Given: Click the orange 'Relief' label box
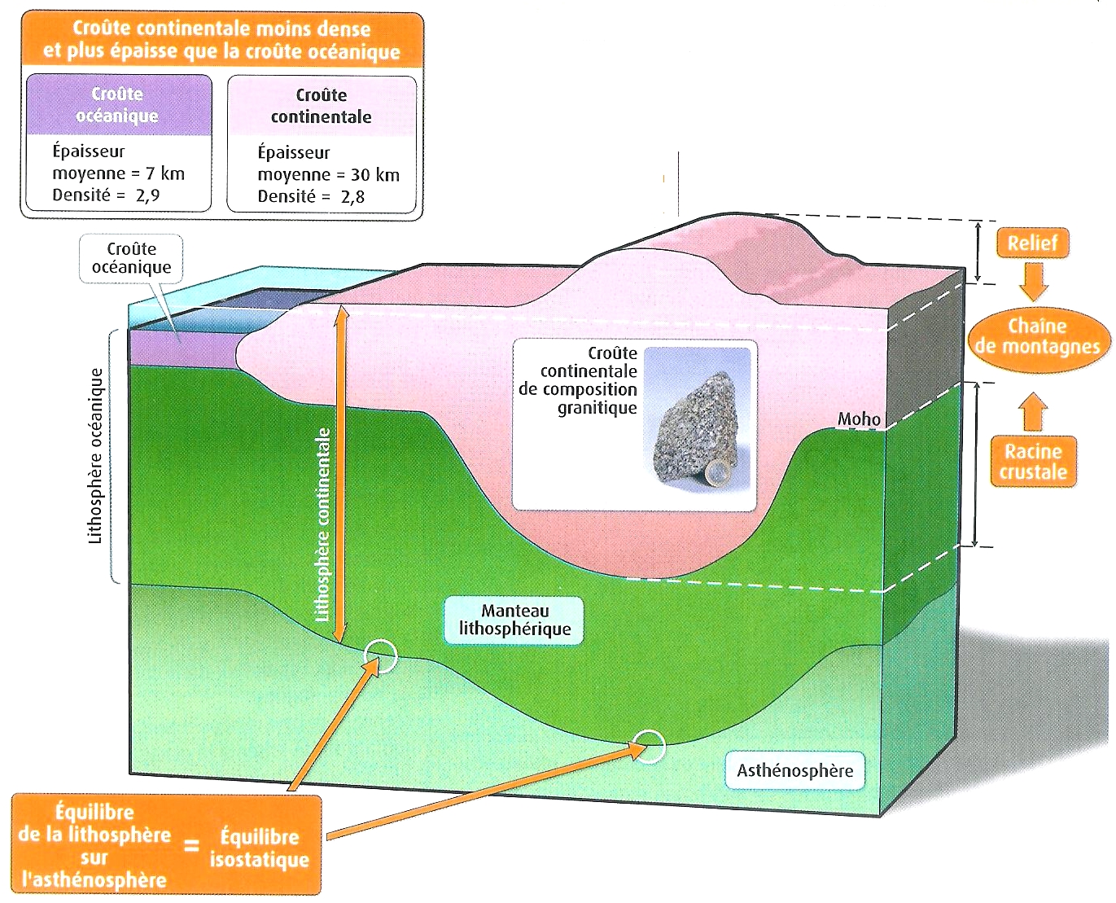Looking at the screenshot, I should click(x=1032, y=243).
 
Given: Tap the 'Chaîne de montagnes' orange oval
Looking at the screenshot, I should click(x=1038, y=337).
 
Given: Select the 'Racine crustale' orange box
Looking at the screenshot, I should click(x=1033, y=462).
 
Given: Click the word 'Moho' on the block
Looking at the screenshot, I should click(x=859, y=419).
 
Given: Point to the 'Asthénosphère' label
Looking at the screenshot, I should click(x=794, y=770).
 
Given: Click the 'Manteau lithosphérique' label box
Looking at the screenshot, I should click(x=514, y=620).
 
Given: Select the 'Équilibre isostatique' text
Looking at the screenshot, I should click(x=259, y=848).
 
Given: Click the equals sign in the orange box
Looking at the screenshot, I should click(x=191, y=847).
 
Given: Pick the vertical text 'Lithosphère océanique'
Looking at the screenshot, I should click(x=96, y=456).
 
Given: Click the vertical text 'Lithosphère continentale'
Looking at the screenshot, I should click(x=323, y=524).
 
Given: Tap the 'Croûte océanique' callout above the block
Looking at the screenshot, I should click(x=131, y=258).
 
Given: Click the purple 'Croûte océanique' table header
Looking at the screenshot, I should click(x=119, y=105).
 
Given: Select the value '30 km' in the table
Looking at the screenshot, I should click(x=375, y=175).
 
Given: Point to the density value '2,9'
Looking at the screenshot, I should click(x=147, y=195).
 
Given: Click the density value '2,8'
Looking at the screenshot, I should click(x=352, y=197).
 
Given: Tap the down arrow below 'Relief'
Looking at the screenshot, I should click(x=1033, y=281).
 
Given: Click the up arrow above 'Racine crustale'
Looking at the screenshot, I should click(x=1032, y=411).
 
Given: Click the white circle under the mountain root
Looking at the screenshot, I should click(x=650, y=746).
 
